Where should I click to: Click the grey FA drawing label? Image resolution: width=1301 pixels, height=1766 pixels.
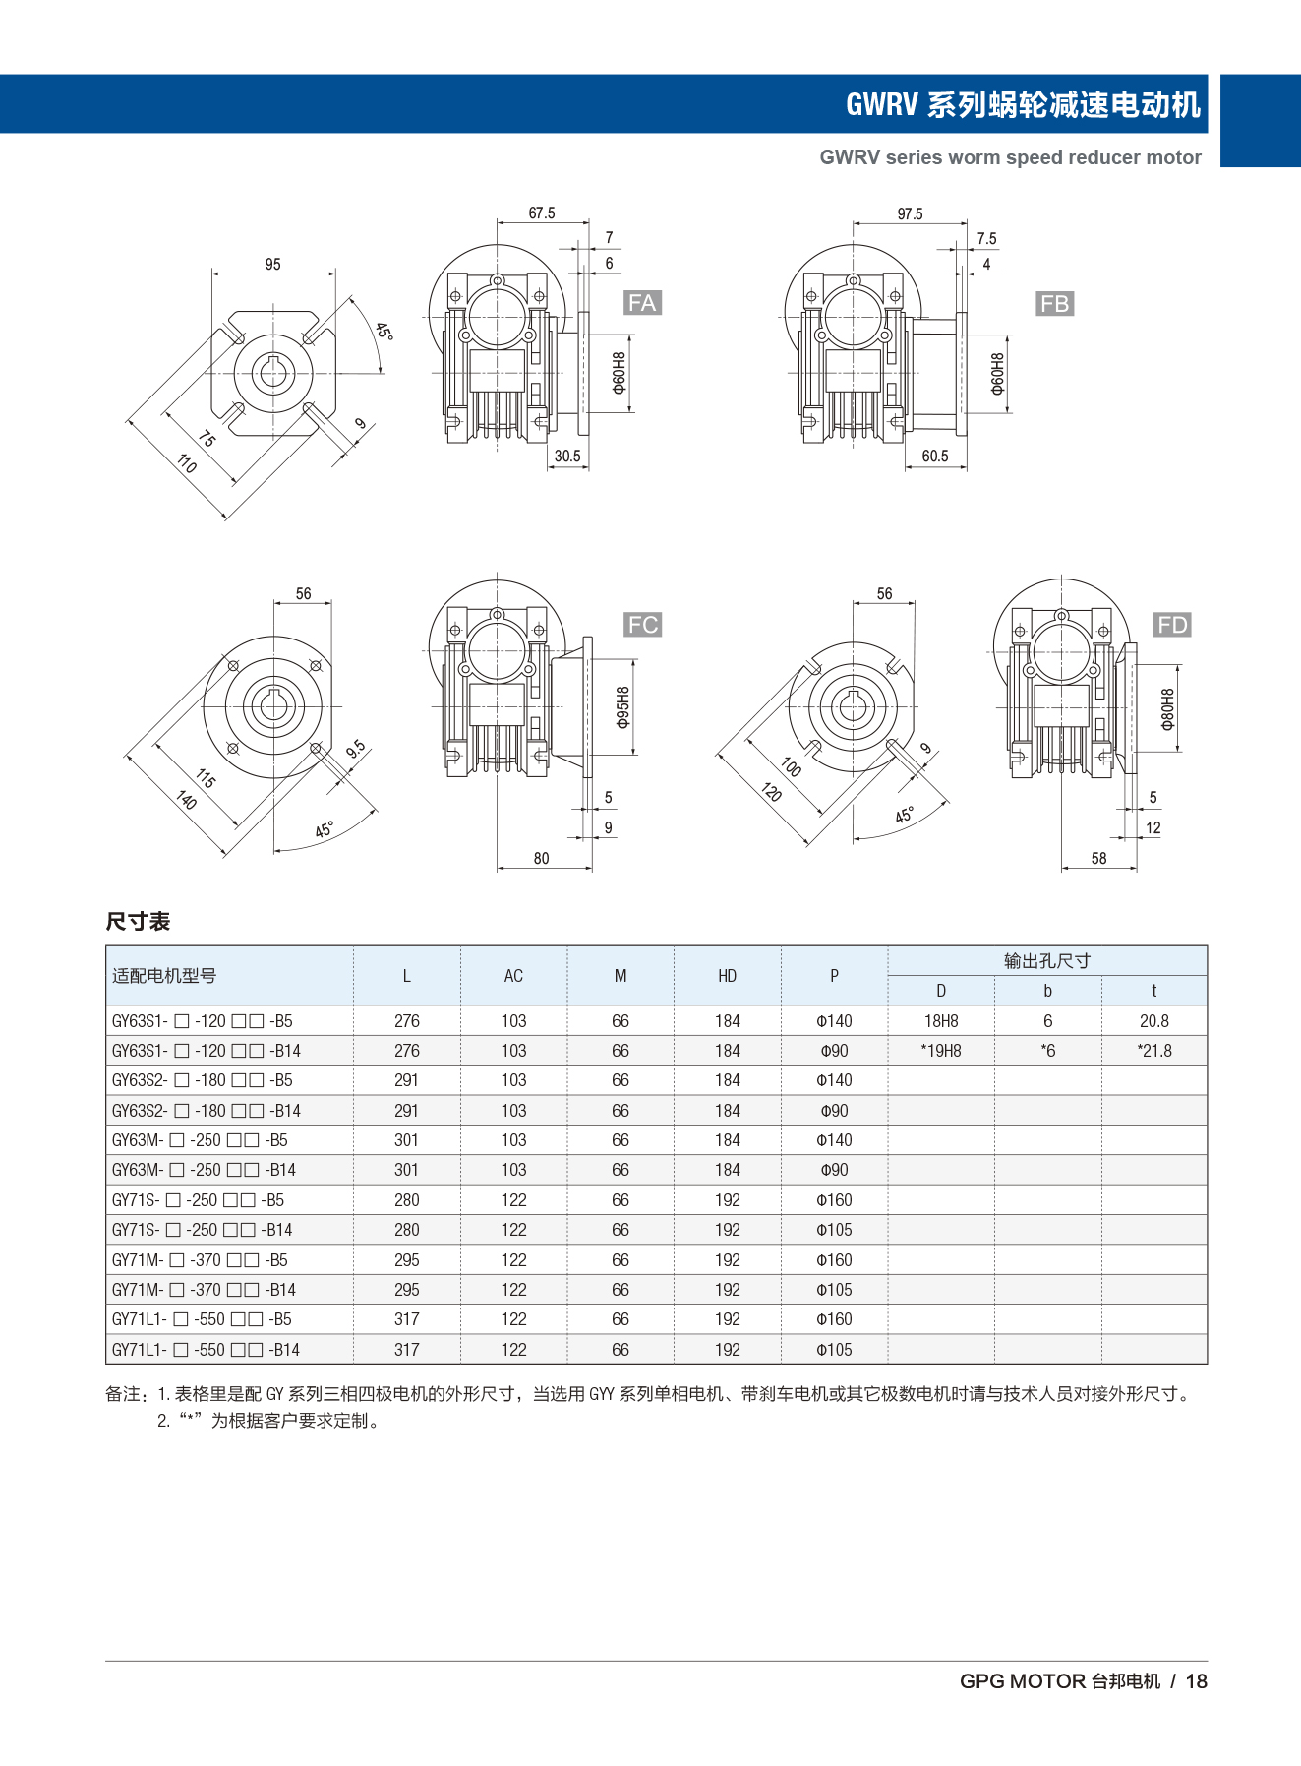(642, 303)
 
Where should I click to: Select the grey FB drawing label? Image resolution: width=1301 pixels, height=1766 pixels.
(1054, 304)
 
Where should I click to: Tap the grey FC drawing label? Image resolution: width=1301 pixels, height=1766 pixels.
(642, 625)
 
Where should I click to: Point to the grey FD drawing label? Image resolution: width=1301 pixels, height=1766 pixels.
(1172, 625)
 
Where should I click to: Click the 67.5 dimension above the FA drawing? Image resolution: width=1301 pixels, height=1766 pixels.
(542, 213)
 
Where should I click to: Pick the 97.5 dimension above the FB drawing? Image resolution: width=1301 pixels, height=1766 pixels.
(910, 213)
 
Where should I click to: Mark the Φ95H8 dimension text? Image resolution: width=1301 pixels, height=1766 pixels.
(622, 707)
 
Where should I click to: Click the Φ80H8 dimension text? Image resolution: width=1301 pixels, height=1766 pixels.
(1167, 708)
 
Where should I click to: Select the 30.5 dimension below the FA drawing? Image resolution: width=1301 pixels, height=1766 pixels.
(567, 457)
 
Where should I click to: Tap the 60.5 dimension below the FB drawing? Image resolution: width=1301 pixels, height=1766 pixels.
(935, 457)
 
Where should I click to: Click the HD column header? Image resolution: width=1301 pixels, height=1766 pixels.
(727, 976)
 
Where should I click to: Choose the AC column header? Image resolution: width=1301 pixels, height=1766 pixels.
(513, 976)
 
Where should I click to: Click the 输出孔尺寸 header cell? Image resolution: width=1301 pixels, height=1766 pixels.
(1047, 961)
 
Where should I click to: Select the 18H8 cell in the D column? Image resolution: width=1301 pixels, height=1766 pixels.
(941, 1021)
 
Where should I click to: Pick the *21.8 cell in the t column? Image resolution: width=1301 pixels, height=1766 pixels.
(1154, 1051)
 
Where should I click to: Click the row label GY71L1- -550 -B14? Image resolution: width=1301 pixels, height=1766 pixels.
(206, 1350)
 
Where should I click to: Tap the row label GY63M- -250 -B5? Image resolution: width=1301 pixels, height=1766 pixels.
(200, 1140)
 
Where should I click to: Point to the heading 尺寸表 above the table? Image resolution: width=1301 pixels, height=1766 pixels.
(139, 921)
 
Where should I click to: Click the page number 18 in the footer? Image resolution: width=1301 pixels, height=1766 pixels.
(1196, 1681)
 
